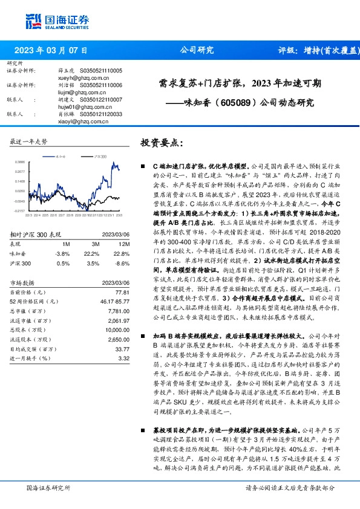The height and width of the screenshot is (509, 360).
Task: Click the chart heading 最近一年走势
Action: point(28,141)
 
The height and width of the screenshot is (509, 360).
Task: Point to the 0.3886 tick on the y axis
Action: point(20,162)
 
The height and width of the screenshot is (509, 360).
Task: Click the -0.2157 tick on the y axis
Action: point(20,211)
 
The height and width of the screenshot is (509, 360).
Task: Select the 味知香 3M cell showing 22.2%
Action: point(91,253)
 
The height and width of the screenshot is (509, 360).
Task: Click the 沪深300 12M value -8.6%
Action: point(122,264)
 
